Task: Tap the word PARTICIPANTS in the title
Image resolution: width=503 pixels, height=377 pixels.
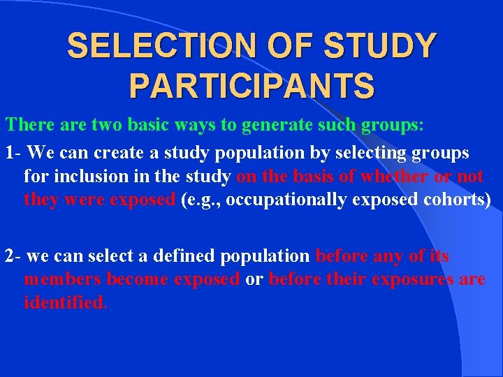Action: pos(251,87)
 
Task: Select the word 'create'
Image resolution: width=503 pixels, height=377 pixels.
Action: pos(112,152)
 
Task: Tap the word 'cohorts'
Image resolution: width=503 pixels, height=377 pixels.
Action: pos(457,200)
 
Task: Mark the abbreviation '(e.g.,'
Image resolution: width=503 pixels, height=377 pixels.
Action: pos(201,200)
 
